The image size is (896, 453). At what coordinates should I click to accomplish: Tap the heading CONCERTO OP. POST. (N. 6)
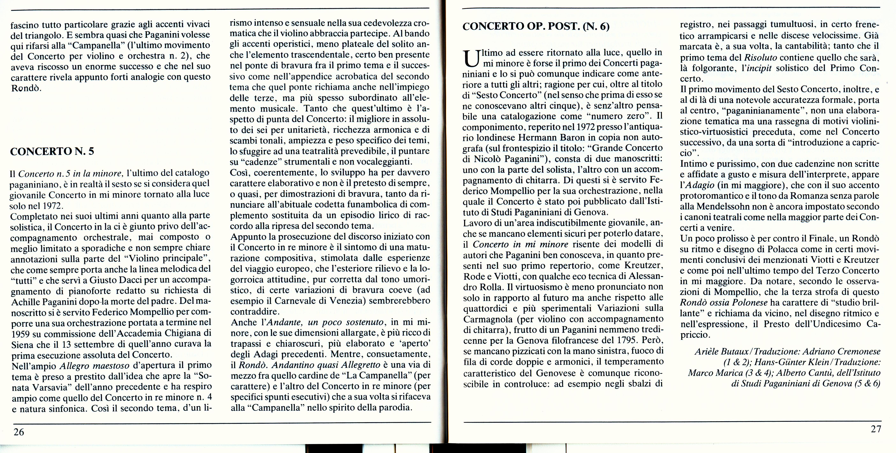click(x=536, y=27)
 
